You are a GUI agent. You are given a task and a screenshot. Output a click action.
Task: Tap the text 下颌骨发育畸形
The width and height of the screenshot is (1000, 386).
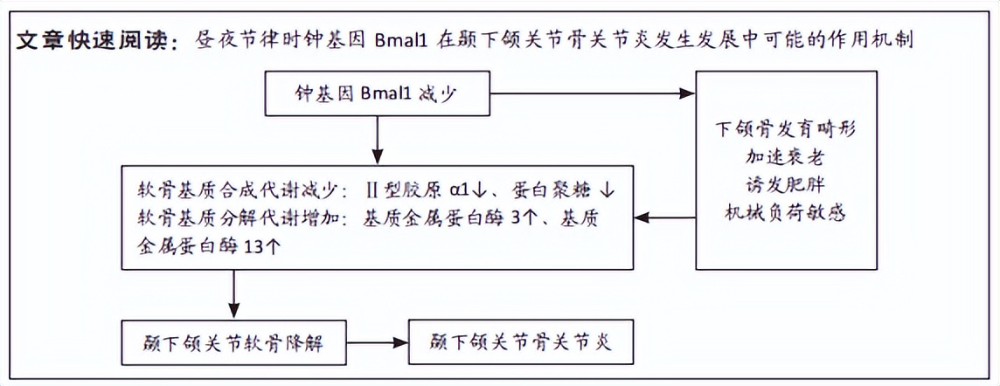pyautogui.click(x=784, y=128)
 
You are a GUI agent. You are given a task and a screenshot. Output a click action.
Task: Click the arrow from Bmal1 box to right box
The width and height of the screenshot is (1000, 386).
pyautogui.click(x=594, y=93)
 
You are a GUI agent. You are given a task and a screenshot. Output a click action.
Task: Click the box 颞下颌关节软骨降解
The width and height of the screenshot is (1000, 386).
pyautogui.click(x=234, y=342)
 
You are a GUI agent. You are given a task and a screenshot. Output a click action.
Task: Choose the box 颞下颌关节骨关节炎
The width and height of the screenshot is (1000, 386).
pyautogui.click(x=520, y=341)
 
